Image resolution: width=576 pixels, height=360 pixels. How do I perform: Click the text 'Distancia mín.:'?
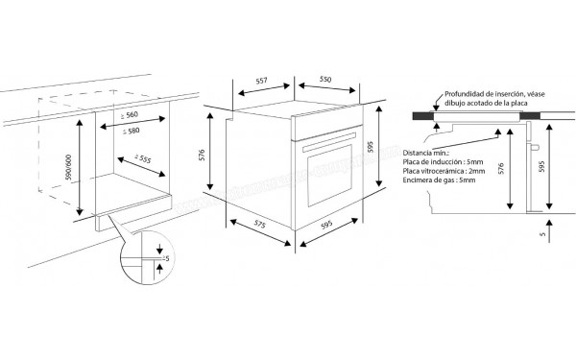[x=426, y=152]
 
